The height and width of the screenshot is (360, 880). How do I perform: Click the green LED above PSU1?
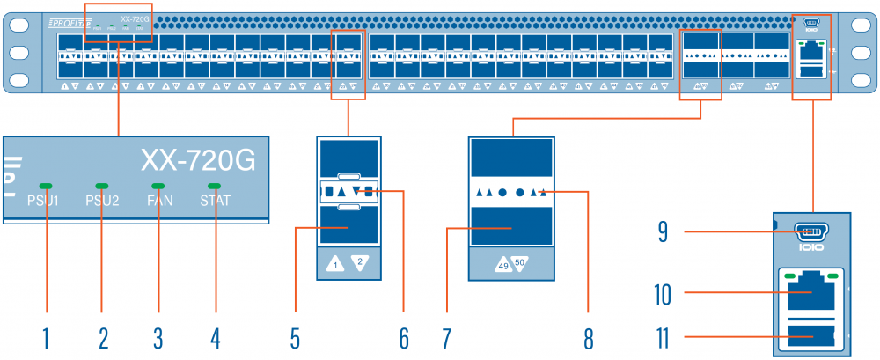(46, 187)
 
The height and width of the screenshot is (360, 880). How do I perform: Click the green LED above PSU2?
(102, 187)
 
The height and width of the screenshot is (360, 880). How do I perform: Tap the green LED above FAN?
(159, 187)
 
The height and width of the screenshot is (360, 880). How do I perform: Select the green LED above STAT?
(215, 187)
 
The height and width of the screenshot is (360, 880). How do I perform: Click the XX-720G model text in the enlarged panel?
(198, 161)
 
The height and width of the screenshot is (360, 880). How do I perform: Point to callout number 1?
(46, 337)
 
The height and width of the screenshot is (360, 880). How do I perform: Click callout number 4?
(215, 337)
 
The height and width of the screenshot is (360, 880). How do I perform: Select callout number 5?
(297, 337)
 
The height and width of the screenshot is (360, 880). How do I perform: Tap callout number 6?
(404, 337)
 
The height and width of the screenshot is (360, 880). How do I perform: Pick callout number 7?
(447, 337)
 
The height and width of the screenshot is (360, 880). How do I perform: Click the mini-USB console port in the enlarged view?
(811, 233)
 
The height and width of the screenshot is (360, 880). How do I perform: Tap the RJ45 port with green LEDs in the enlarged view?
(810, 289)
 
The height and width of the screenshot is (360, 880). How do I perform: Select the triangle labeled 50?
(519, 262)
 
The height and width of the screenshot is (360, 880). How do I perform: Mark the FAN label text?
(159, 201)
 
